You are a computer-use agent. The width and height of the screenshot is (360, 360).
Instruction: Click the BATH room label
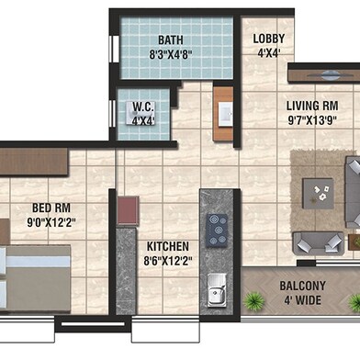[171, 40]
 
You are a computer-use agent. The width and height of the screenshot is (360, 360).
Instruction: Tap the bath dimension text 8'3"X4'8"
[171, 55]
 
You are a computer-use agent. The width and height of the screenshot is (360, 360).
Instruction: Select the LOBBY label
[269, 39]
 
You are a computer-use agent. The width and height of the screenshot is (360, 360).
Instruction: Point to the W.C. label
[143, 107]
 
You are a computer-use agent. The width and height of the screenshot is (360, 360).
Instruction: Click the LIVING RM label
[312, 106]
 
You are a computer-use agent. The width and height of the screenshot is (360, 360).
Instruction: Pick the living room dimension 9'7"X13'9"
[312, 120]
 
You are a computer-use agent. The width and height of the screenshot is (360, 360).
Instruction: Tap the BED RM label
[51, 208]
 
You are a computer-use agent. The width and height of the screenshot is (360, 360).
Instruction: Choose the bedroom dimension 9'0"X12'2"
[51, 222]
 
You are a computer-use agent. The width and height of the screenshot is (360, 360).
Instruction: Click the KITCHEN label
[168, 246]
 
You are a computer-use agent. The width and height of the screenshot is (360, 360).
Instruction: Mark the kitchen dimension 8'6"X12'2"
[168, 261]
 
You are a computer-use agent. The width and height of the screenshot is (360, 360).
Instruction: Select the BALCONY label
[302, 286]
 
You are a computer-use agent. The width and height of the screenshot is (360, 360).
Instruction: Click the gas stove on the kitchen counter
[218, 231]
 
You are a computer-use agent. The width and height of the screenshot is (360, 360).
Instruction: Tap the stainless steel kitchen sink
[217, 290]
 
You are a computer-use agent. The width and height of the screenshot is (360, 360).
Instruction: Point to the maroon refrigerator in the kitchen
[128, 210]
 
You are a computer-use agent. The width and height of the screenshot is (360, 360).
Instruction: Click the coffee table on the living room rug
[318, 194]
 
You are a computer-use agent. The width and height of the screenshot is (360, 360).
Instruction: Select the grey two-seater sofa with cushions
[318, 242]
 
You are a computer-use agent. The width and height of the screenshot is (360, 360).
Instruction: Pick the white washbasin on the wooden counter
[226, 114]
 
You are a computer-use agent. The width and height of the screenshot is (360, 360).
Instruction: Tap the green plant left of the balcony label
[253, 301]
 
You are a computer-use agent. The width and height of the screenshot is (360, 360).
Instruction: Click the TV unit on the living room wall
[324, 75]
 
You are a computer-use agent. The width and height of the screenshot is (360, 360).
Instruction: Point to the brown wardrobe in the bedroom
[34, 162]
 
